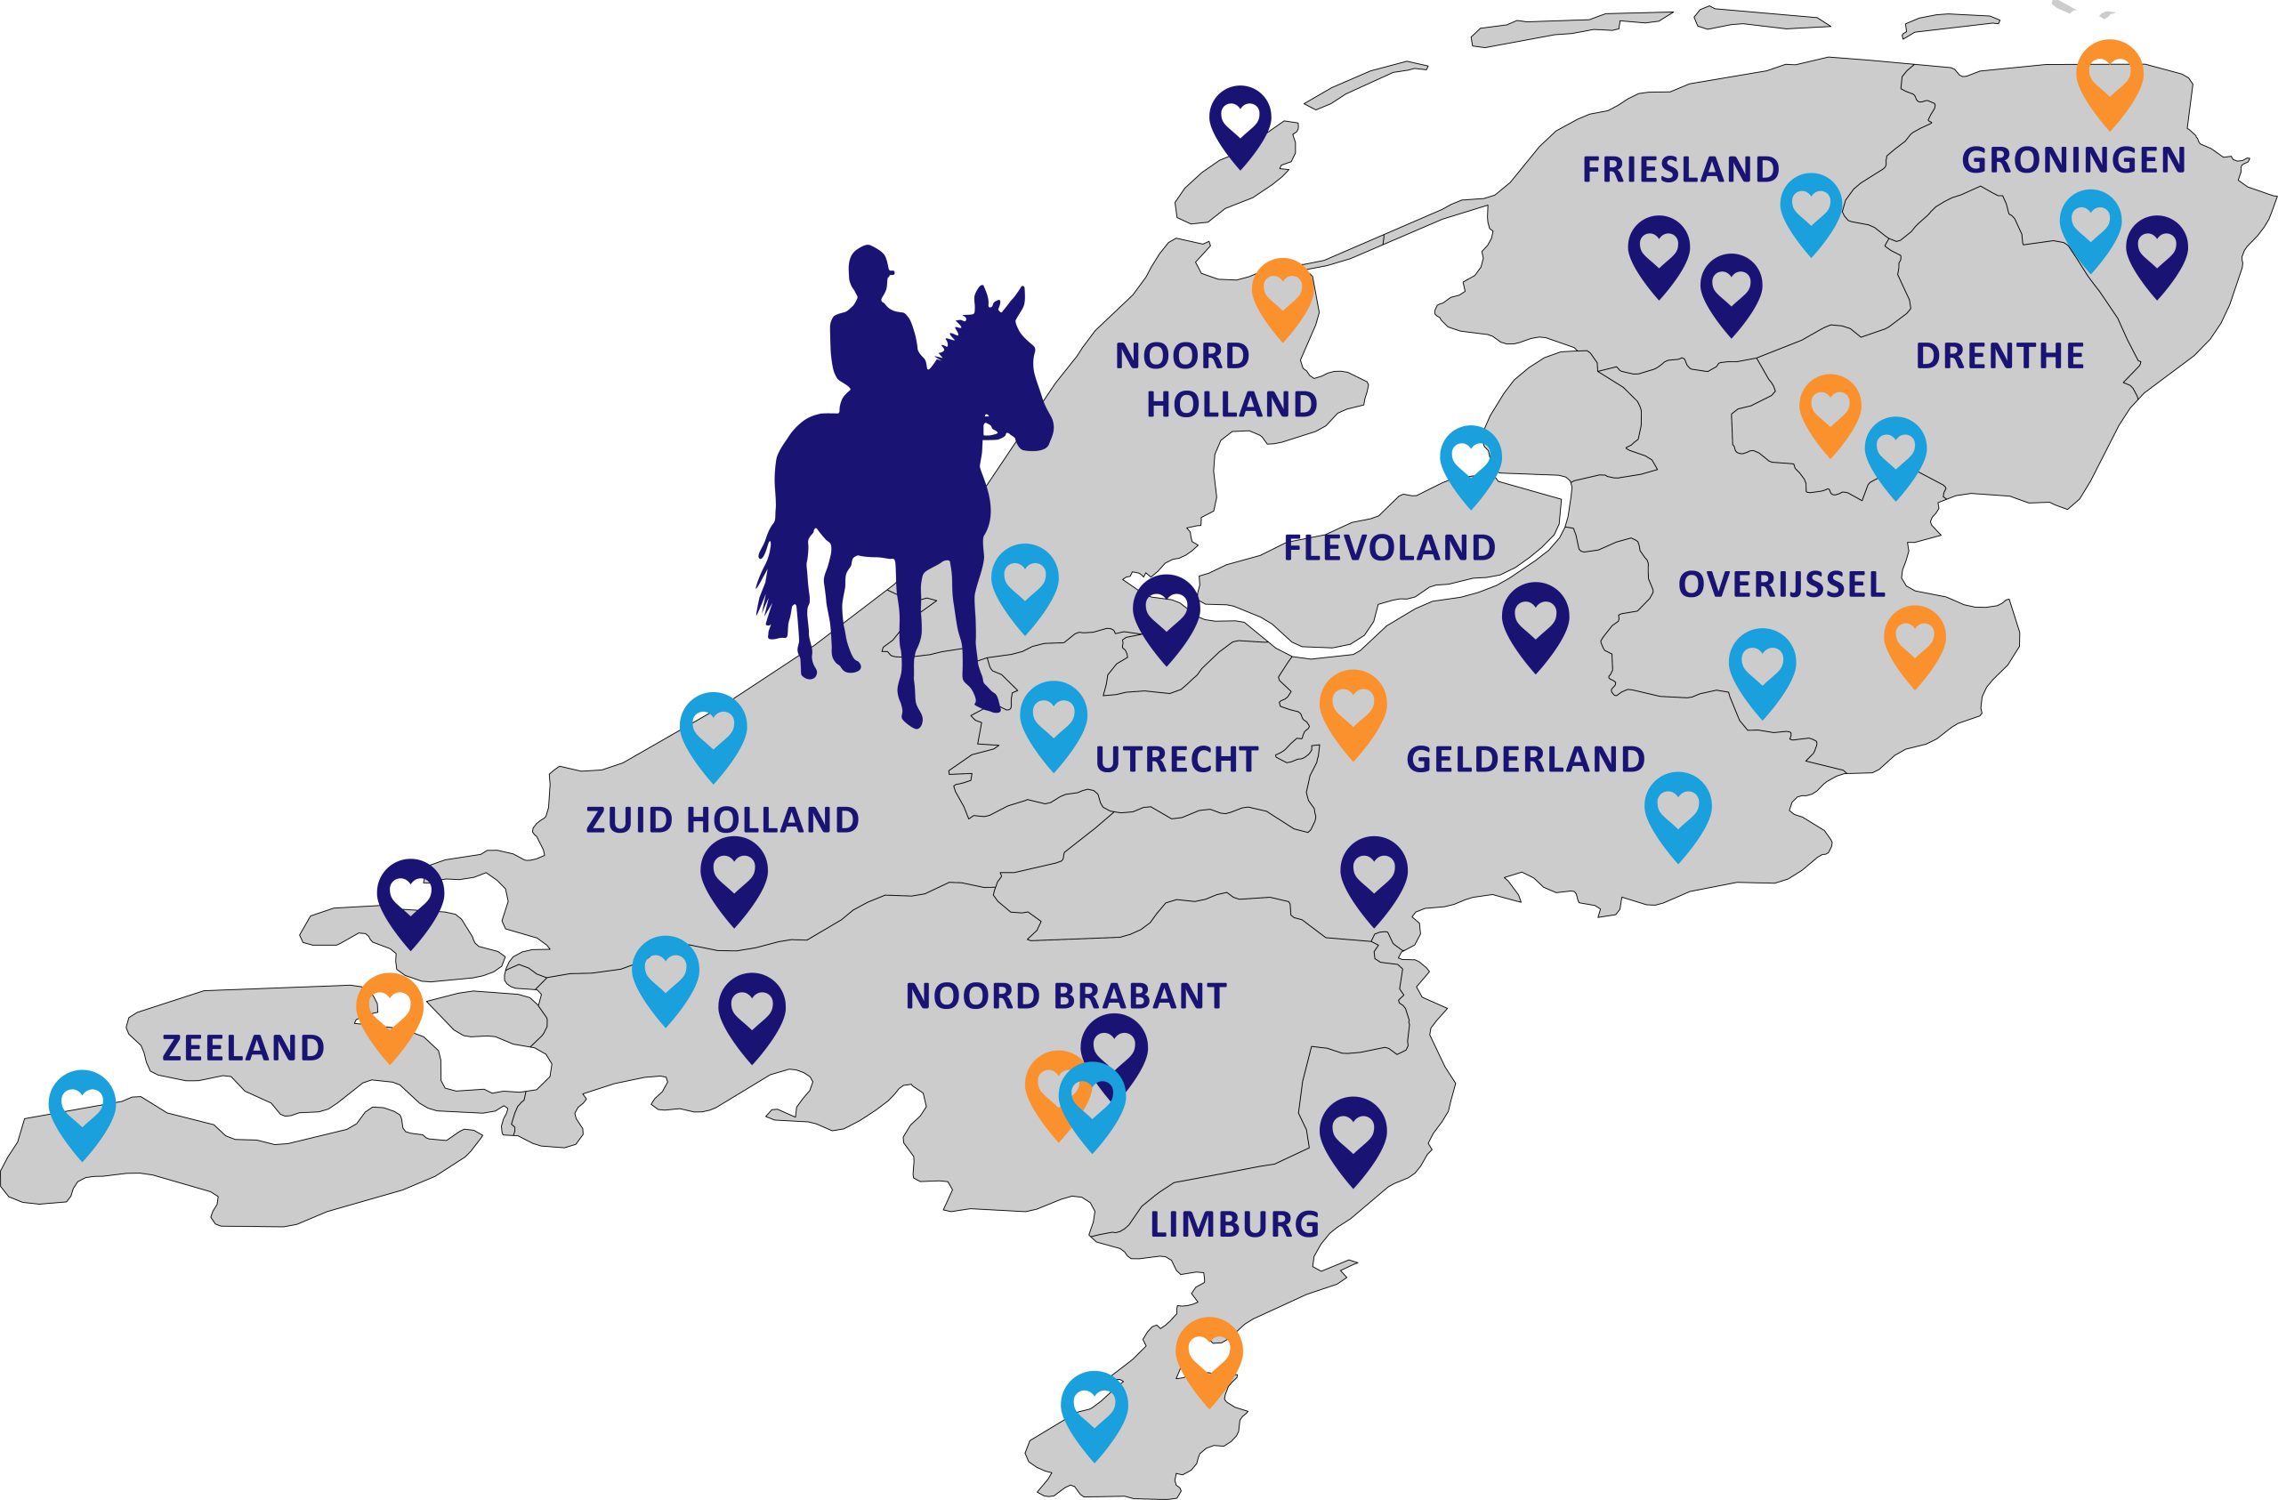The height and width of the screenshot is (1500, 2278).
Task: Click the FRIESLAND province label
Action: click(1680, 169)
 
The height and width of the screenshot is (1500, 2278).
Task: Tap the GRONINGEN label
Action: click(2073, 160)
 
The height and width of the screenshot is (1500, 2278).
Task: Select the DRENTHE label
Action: click(1999, 356)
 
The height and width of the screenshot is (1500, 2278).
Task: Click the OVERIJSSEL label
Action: click(1781, 584)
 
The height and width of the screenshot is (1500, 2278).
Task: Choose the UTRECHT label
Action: click(1176, 759)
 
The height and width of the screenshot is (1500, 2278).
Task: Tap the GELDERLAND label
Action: click(1524, 759)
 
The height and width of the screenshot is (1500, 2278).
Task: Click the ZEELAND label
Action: click(243, 1048)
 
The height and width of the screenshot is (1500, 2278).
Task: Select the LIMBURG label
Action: click(1233, 1224)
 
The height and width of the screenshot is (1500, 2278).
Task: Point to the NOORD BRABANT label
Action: click(1065, 996)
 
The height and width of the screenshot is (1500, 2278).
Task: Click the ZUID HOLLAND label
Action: click(722, 820)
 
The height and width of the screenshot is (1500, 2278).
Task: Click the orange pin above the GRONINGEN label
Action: click(2110, 77)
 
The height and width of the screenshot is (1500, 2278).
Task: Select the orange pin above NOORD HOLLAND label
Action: click(1282, 292)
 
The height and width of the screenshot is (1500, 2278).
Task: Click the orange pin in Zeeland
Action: click(390, 1010)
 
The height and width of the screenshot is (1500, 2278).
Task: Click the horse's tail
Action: click(771, 579)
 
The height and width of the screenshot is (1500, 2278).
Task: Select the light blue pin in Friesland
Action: click(1810, 206)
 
